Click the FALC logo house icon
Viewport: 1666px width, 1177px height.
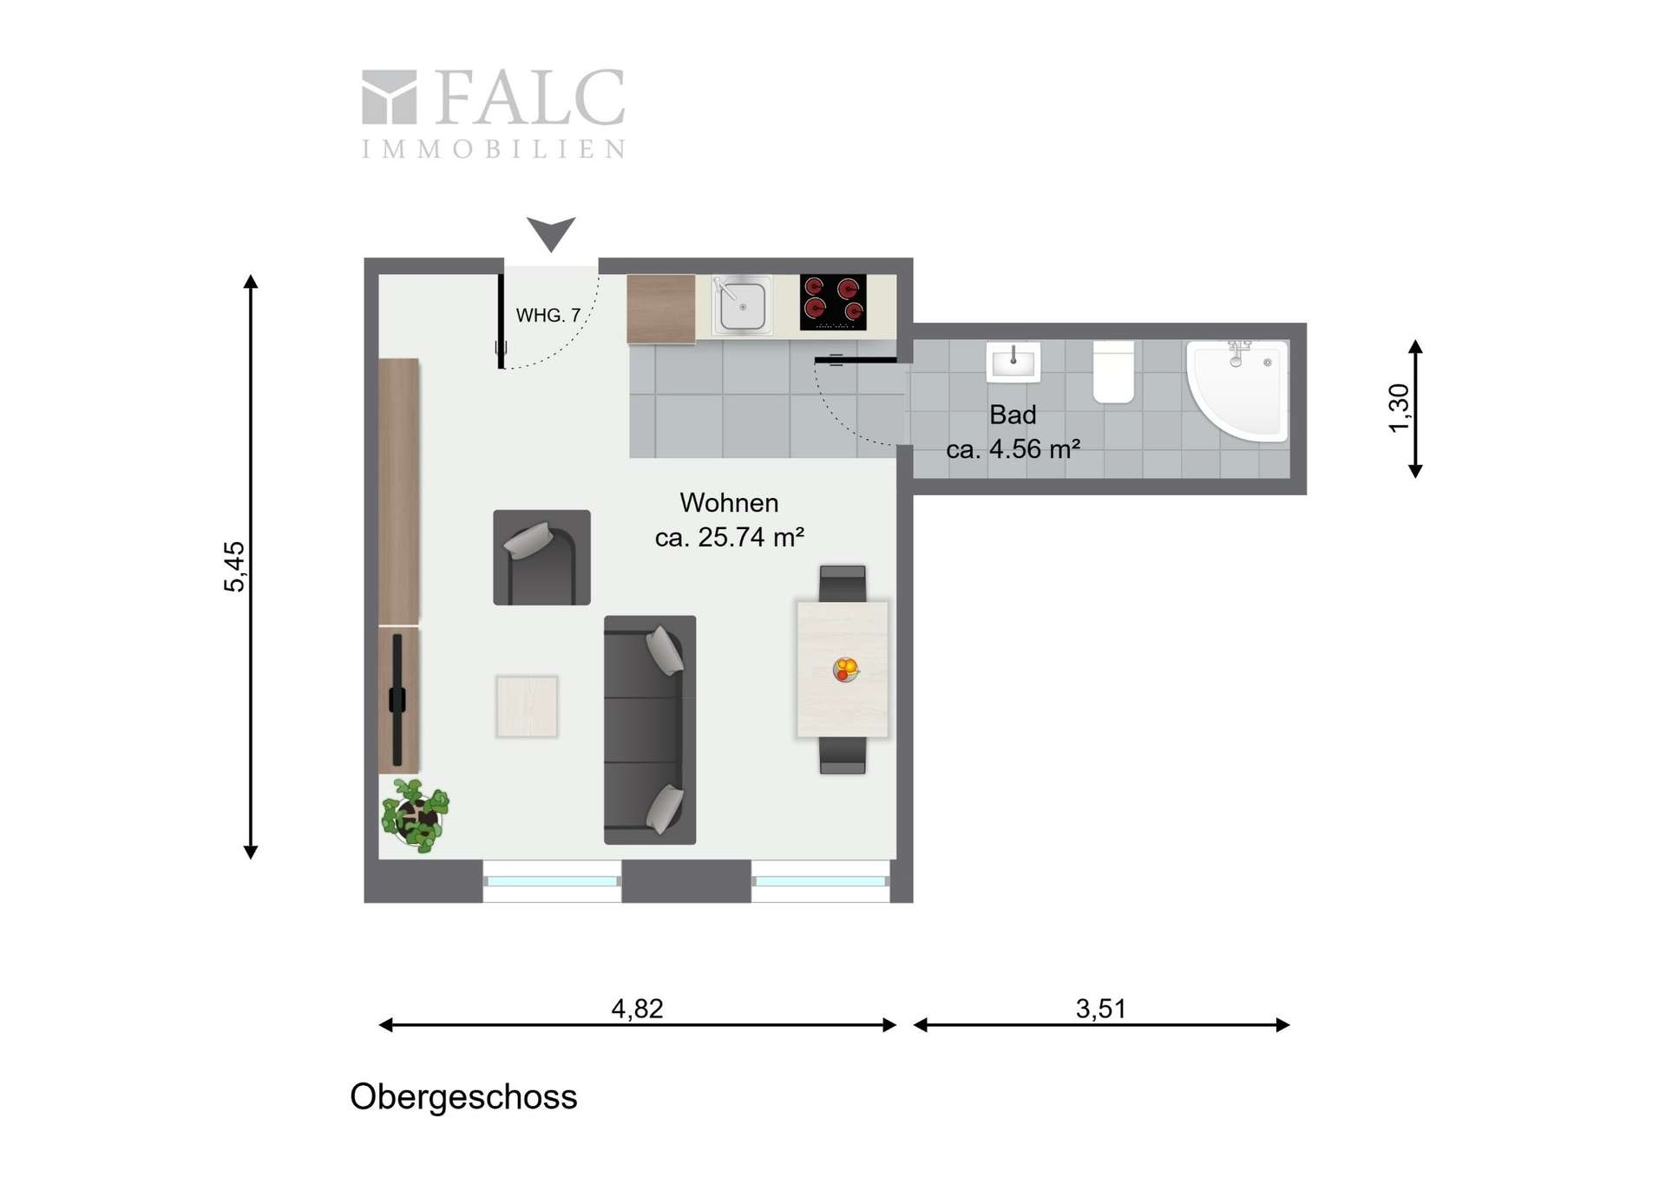[389, 97]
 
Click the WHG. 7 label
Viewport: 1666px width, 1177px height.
[548, 316]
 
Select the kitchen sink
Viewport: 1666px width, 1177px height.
[742, 304]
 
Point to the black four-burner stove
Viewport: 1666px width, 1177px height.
[833, 302]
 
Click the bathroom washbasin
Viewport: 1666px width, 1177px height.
[1013, 361]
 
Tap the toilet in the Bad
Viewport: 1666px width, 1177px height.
[1113, 371]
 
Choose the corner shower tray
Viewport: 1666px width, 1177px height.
[1237, 390]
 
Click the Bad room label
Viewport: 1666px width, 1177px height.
[1013, 415]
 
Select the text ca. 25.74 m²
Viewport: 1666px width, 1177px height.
[729, 538]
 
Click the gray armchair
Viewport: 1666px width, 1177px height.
[542, 557]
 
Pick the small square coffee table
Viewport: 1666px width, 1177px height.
[527, 706]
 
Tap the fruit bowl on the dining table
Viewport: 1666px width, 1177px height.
[846, 669]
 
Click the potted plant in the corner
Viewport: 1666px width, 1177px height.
[416, 815]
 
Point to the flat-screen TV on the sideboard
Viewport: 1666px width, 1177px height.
[397, 699]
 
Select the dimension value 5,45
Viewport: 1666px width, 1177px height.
[234, 567]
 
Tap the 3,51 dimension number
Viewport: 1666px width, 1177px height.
[1100, 1009]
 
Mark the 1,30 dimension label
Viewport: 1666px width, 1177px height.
[1399, 408]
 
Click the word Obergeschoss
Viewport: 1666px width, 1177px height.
[463, 1097]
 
